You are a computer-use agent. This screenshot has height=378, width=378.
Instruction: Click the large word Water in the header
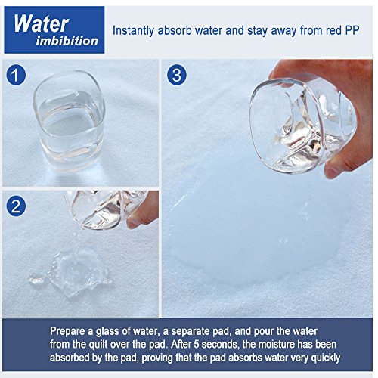pyautogui.click(x=42, y=23)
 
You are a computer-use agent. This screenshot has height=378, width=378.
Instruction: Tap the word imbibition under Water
pyautogui.click(x=67, y=41)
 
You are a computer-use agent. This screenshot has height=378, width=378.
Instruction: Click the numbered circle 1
pyautogui.click(x=16, y=75)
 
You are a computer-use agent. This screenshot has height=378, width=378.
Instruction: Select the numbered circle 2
pyautogui.click(x=16, y=206)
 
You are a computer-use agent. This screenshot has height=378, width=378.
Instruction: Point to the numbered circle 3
pyautogui.click(x=177, y=75)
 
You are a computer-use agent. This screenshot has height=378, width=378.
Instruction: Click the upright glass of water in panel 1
pyautogui.click(x=69, y=121)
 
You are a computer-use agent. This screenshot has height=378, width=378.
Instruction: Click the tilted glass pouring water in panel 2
pyautogui.click(x=106, y=209)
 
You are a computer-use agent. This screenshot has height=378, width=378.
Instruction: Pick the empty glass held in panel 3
pyautogui.click(x=302, y=125)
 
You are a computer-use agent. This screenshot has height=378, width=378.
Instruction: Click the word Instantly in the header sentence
pyautogui.click(x=133, y=31)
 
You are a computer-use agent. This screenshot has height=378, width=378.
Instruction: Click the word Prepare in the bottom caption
pyautogui.click(x=67, y=331)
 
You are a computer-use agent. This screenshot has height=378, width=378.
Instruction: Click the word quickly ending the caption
pyautogui.click(x=326, y=358)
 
